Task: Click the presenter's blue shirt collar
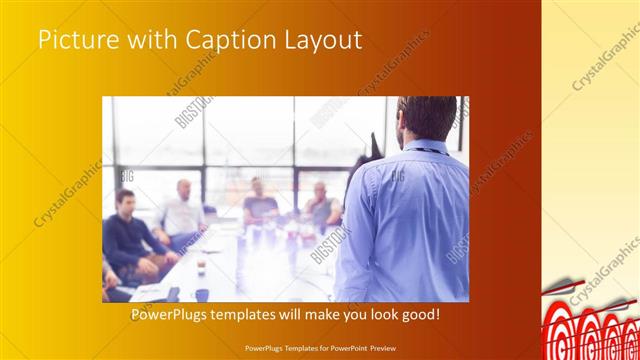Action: (x=424, y=146)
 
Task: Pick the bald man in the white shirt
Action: (x=182, y=212)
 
